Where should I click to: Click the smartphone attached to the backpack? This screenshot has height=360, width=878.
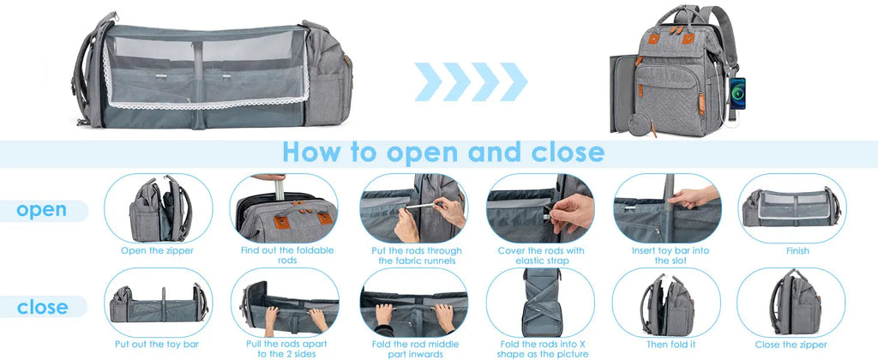pos(737,93)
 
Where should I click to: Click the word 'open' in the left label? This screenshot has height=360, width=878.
pos(41,210)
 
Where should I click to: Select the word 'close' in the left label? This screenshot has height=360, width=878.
pos(43,308)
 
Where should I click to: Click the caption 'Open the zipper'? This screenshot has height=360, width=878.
pos(158,251)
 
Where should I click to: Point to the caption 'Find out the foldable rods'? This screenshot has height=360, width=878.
pos(286,255)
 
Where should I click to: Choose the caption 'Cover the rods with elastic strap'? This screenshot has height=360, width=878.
pos(542,255)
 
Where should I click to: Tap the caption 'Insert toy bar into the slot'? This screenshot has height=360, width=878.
pos(670,255)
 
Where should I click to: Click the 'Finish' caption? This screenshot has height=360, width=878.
pos(797,251)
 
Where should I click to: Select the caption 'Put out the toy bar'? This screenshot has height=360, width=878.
pos(157,345)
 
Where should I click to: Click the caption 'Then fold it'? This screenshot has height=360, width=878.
pos(669,345)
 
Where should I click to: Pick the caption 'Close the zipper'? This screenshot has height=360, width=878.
pos(791,345)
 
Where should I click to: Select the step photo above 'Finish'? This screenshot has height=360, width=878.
pos(791,208)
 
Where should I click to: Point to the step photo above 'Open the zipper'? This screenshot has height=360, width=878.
pos(159,208)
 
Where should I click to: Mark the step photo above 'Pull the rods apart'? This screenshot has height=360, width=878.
pos(285,303)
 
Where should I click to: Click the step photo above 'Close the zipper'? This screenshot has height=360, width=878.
pos(791,303)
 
